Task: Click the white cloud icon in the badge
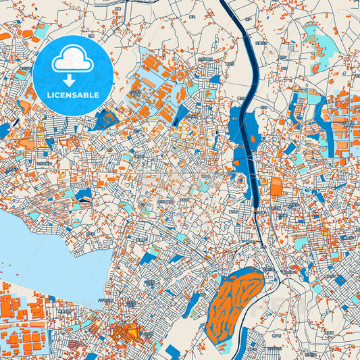click(72, 59)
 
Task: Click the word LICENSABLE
click(72, 95)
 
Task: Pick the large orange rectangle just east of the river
click(276, 187)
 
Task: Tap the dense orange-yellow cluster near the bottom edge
click(125, 332)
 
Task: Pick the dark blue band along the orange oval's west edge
click(210, 297)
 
